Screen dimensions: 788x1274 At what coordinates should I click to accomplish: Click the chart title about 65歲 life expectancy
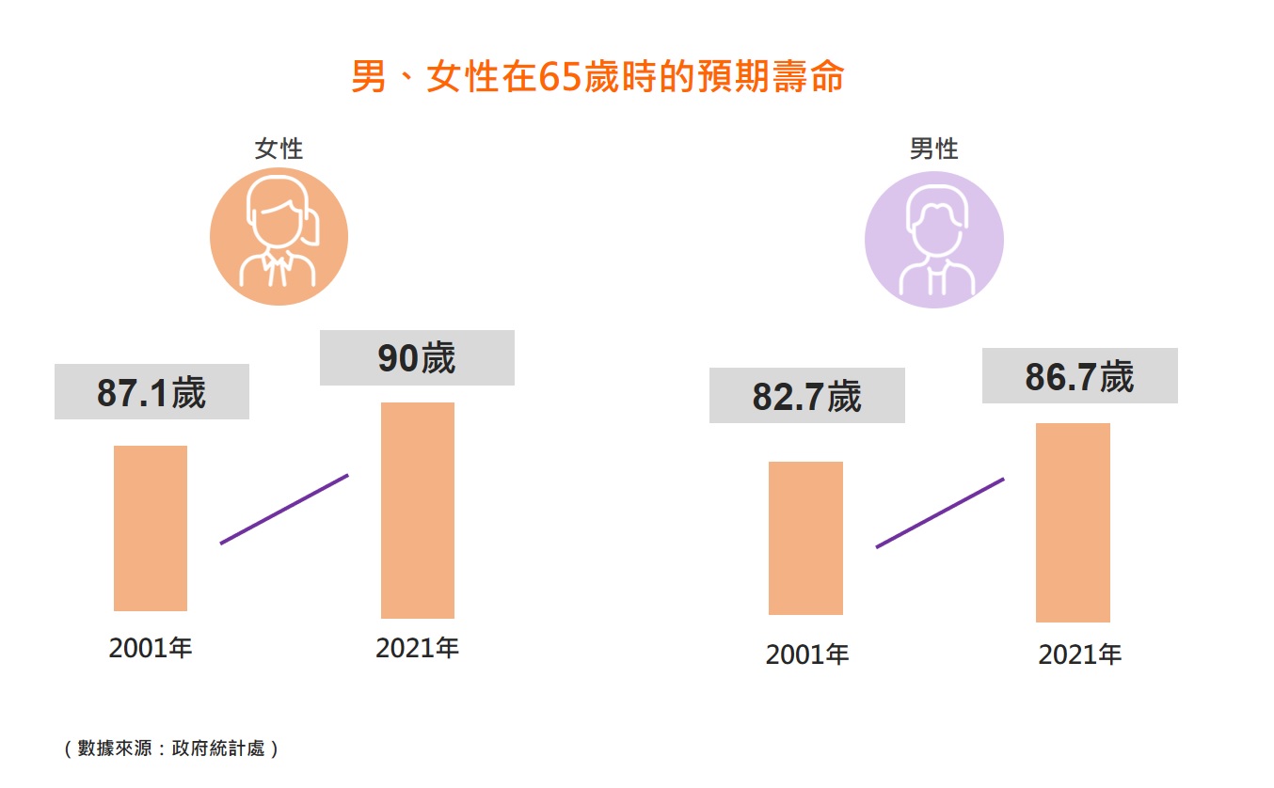597,77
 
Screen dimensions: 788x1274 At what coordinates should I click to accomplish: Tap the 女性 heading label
279,149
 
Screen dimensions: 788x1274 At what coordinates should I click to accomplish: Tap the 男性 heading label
933,149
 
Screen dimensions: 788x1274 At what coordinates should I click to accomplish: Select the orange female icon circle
279,236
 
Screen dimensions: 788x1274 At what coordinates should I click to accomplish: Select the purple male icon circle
933,239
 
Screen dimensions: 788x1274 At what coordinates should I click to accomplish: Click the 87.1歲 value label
151,392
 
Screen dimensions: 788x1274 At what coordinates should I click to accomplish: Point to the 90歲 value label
417,358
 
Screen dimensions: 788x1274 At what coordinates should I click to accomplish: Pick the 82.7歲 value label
806,396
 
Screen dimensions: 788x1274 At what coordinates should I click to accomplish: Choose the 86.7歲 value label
1079,376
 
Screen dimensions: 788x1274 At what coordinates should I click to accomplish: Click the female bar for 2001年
151,528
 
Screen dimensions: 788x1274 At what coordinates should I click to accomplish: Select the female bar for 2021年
418,511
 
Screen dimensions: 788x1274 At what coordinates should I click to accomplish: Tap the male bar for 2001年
805,538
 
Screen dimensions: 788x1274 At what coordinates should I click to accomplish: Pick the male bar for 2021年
1073,523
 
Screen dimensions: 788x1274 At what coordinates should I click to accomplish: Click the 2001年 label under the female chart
151,648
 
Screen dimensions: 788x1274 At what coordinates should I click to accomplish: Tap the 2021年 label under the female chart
417,648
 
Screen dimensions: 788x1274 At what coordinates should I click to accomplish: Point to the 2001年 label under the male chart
807,654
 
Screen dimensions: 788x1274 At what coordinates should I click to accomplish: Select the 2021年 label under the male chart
1079,654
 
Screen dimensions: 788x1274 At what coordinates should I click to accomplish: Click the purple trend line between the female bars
284,509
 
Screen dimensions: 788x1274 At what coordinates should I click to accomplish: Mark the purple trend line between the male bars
940,512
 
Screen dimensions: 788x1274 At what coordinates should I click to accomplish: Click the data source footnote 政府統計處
170,749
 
